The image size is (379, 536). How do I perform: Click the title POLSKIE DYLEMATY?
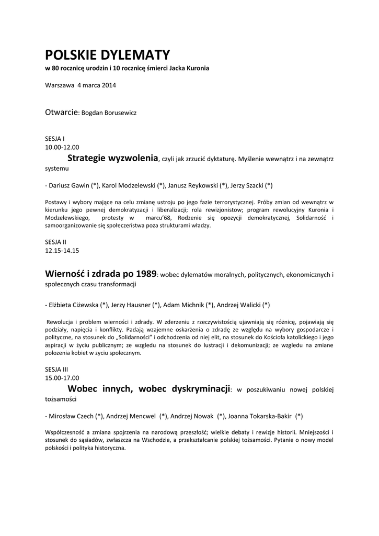coord(107,55)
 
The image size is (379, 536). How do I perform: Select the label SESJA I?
coord(55,139)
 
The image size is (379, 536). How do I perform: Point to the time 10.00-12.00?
coord(62,148)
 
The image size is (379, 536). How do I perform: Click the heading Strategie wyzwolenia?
coord(113,158)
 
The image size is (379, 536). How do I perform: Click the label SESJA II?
coord(56,242)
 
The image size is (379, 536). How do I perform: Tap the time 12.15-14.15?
coord(62,251)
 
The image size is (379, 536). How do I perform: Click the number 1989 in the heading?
coord(146,274)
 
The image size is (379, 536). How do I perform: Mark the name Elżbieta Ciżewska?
coord(73,305)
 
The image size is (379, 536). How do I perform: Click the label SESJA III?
coord(57,369)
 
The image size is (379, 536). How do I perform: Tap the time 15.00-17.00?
coord(62,377)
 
